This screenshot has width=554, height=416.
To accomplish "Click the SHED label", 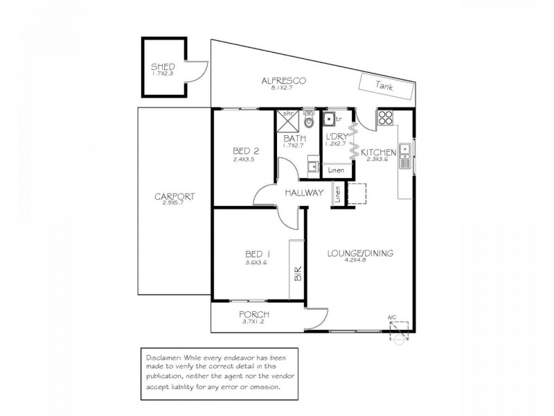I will click(164, 67).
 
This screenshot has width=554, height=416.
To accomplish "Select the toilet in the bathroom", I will click(309, 119).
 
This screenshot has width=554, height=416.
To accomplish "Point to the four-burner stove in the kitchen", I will click(386, 119).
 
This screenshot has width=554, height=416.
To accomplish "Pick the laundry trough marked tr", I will click(331, 119).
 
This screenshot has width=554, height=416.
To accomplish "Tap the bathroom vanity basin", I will click(313, 165).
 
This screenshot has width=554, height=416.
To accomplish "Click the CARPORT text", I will click(175, 196).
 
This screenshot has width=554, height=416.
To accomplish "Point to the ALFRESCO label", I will click(284, 80).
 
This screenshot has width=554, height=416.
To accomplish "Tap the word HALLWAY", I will click(305, 193).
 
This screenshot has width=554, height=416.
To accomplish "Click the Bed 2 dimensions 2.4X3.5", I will click(244, 159).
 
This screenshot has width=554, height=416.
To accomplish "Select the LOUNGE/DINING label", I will click(360, 254).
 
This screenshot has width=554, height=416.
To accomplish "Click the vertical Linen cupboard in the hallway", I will click(338, 194).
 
